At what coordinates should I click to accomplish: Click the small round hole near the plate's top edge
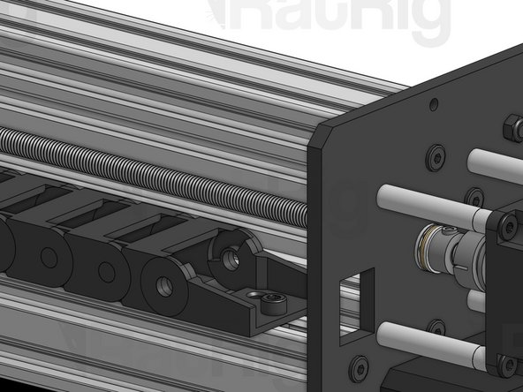[433, 104]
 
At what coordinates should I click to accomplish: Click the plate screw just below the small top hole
[436, 158]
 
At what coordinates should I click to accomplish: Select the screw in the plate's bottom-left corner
[359, 365]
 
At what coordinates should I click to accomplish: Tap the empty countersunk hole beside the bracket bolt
[254, 293]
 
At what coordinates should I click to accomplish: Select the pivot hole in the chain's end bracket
[230, 259]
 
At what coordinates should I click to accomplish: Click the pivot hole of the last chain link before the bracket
[164, 285]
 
